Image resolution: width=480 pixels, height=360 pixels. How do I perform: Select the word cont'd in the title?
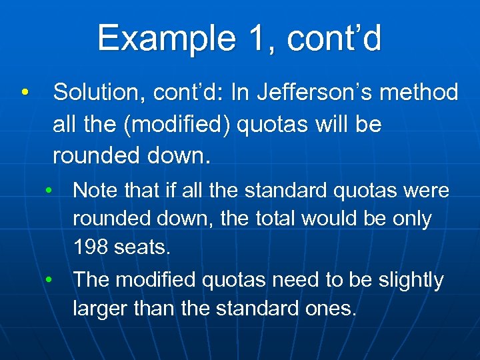(335, 39)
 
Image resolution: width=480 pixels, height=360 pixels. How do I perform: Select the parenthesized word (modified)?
(175, 125)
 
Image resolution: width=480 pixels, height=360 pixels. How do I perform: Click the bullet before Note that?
(49, 190)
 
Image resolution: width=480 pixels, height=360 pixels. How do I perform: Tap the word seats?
(143, 248)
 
